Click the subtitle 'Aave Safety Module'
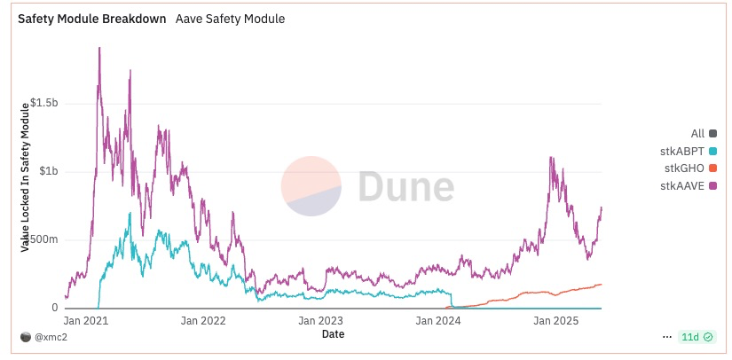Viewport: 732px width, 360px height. point(230,19)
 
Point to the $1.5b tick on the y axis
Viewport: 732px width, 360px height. point(43,103)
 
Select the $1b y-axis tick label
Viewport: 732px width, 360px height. point(47,171)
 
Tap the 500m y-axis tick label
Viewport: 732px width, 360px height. point(43,239)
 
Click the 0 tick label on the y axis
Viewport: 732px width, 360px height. point(55,308)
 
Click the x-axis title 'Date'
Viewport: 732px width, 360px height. point(334,334)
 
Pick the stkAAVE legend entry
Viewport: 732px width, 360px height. point(689,185)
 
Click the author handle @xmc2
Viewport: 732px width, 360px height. point(49,338)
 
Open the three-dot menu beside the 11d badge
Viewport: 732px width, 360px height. point(667,338)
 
